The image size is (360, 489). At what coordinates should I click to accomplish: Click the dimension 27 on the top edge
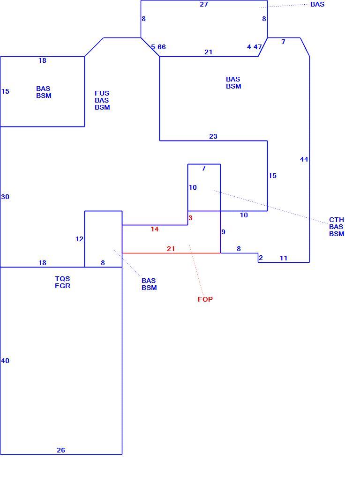coord(204,4)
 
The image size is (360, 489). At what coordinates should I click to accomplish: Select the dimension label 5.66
coord(158,47)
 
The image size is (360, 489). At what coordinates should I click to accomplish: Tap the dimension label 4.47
coord(255,47)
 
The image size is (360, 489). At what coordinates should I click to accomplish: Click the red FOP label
coord(205,299)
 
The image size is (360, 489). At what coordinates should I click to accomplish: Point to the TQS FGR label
coord(62,282)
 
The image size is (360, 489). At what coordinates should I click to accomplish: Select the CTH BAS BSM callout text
coord(337,227)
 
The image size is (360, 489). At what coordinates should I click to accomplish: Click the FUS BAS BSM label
coord(102,100)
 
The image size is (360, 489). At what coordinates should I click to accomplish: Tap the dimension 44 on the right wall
coord(304,160)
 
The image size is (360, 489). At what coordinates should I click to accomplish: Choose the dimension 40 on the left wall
coord(5,361)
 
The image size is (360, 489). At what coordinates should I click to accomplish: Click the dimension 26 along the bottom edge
coord(61,450)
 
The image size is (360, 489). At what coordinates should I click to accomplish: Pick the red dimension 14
coord(155,229)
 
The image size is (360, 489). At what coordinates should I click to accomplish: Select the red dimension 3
coord(190,218)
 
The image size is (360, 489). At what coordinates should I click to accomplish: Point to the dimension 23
coord(213,137)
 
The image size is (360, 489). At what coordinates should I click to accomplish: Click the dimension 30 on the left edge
coord(5,197)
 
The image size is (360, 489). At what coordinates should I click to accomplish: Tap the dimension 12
coord(79,239)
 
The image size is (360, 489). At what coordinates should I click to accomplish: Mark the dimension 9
coord(223,232)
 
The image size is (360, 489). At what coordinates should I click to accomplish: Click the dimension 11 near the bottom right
coord(284,258)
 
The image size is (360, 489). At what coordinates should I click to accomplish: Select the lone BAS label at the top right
coord(317,4)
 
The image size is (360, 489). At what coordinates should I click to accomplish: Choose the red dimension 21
coord(171,249)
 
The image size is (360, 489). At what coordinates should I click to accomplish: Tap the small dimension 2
coord(261,258)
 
